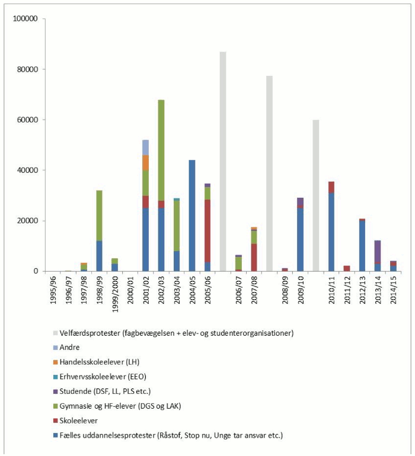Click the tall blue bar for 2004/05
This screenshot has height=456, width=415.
coord(192,216)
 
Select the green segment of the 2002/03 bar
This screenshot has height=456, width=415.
coord(161,150)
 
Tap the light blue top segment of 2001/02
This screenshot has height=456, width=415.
coord(145,147)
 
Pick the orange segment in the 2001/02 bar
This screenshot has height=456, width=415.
coord(145,163)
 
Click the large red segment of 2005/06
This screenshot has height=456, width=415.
coord(207,231)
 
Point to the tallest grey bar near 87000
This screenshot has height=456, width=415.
coord(223,162)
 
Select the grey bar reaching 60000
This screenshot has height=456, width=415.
coord(315,195)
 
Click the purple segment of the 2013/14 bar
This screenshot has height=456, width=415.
coord(378,251)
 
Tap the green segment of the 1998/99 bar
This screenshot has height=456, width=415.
coord(99,216)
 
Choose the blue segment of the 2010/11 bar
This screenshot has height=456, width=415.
coord(331,232)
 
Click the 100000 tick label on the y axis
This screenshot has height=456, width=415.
coord(25,18)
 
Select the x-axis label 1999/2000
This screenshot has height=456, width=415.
coord(115,293)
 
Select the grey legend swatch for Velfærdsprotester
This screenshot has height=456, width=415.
coord(55,333)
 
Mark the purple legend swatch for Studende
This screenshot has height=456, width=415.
coord(55,391)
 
